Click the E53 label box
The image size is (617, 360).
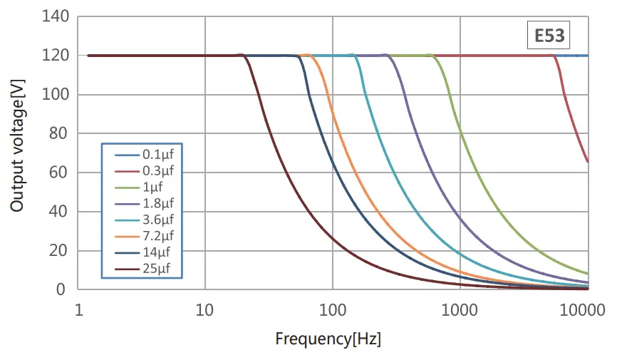[x=549, y=35]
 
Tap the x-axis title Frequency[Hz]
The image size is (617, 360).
[x=328, y=339]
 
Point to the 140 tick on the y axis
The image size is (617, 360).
[x=56, y=16]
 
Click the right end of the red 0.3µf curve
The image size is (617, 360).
[x=588, y=162]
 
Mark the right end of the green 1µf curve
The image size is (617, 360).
[x=588, y=274]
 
